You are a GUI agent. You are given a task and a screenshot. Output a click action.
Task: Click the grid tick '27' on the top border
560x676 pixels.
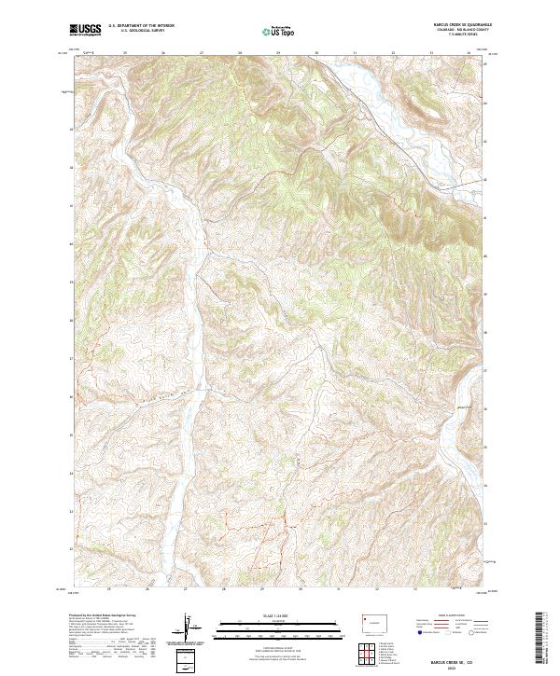pos(202,52)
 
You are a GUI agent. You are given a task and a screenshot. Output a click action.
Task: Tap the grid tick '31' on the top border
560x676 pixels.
pos(355,52)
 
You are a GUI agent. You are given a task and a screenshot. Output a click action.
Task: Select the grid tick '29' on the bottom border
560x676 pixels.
pos(262,589)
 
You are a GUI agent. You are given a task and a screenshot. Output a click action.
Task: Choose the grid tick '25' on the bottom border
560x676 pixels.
pos(109,589)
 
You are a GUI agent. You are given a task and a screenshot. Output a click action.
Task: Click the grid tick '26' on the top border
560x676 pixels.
pos(163,52)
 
